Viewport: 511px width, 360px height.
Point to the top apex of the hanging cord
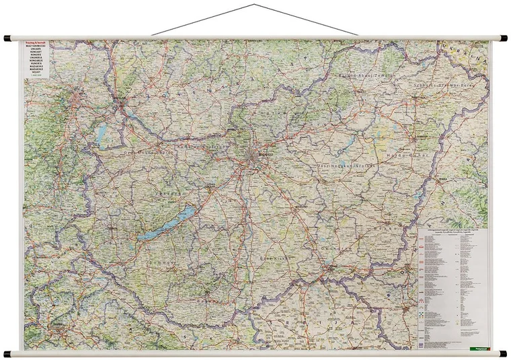pyautogui.click(x=255, y=5)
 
